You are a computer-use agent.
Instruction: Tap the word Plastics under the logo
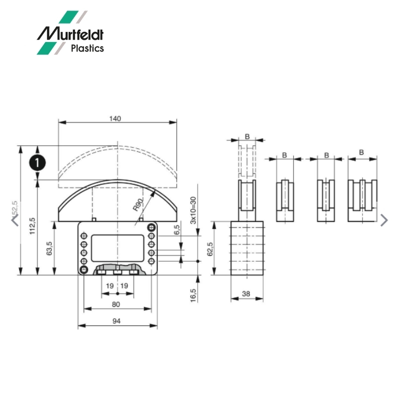tap(87, 49)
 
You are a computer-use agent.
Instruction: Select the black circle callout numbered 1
tap(38, 162)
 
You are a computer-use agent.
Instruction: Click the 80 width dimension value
tap(116, 304)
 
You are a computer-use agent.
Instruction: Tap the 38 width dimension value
tap(246, 294)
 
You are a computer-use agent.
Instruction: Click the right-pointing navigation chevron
tap(384, 220)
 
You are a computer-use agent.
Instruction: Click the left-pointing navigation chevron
tap(15, 219)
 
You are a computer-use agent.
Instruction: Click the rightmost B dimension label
tap(361, 152)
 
